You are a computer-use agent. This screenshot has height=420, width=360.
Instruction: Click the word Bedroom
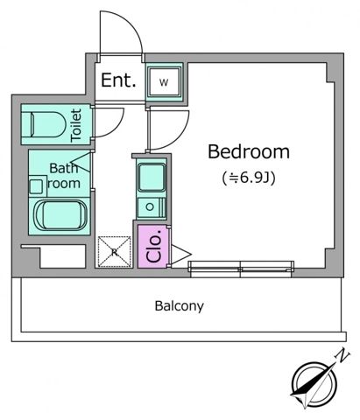(249, 151)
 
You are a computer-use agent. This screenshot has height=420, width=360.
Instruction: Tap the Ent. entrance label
(118, 80)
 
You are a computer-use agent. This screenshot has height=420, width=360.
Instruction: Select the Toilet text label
(76, 125)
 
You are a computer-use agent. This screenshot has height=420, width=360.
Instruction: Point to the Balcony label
(179, 306)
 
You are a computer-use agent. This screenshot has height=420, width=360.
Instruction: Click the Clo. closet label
(154, 246)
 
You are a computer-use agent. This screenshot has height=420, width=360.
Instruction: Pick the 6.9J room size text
(249, 178)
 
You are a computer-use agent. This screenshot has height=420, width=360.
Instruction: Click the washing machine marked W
(164, 82)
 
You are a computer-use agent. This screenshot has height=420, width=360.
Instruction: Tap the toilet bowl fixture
(46, 124)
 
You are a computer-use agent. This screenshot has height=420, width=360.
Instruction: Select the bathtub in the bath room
(60, 215)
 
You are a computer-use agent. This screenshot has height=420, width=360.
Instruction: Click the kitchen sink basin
(152, 178)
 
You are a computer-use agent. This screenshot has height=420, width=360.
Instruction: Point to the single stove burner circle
(150, 207)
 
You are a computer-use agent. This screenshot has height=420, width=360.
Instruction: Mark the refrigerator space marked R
(114, 252)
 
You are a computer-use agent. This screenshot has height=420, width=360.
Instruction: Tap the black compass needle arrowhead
(304, 387)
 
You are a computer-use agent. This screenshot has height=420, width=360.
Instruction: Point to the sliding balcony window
(241, 269)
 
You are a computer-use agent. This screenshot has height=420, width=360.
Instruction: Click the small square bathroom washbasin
(36, 186)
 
